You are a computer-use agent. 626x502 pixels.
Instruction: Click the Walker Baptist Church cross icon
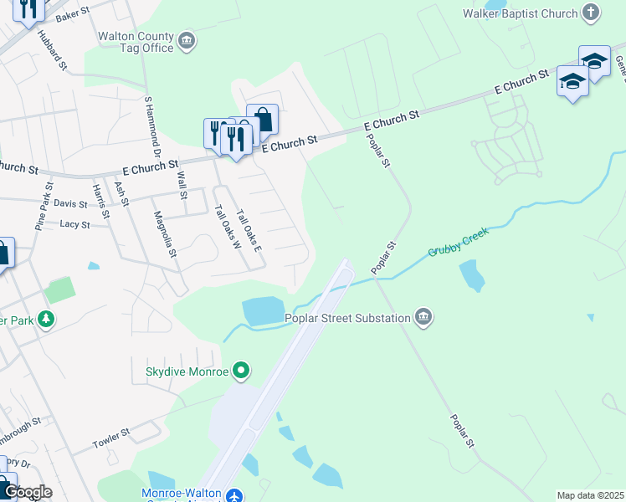[591, 13]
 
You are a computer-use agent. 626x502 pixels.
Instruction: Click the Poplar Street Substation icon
[423, 317]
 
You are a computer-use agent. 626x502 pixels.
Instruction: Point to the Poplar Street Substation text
[347, 318]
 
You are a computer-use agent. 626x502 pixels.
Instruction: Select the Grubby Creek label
[457, 240]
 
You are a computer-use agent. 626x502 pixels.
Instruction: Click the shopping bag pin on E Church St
[262, 118]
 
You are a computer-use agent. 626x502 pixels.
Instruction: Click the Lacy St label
[74, 224]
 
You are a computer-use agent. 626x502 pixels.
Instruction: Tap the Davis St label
[70, 203]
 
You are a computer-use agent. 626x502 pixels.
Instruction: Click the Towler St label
[111, 437]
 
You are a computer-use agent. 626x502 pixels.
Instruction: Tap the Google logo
[28, 492]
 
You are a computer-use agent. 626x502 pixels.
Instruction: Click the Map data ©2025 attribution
[590, 495]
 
